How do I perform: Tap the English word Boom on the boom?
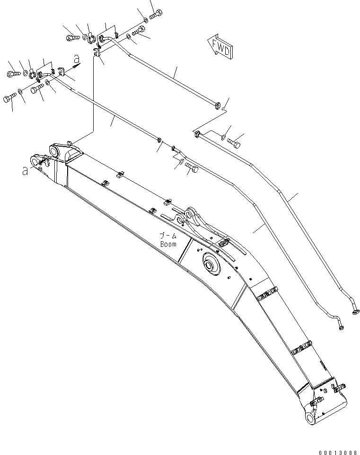pos(168,244)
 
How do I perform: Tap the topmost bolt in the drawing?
pos(156,15)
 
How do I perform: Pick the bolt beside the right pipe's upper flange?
pos(234,141)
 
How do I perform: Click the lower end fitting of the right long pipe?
pos(356,311)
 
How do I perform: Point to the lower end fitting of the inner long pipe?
pos(341,325)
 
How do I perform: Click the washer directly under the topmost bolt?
pos(145,20)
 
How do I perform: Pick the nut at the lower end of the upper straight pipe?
pos(218,105)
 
